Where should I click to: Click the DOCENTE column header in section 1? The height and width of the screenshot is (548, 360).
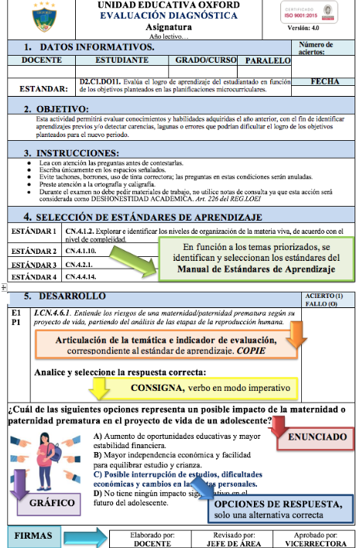click(x=43, y=60)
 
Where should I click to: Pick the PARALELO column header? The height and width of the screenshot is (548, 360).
click(x=269, y=60)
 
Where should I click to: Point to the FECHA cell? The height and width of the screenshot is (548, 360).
click(x=324, y=81)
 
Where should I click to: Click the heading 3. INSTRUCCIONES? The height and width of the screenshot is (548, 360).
click(x=76, y=152)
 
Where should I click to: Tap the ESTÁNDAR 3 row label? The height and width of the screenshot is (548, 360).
click(x=34, y=264)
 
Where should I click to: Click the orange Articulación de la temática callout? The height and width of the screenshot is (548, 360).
click(x=166, y=344)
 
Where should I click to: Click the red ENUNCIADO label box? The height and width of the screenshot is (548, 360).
click(x=317, y=437)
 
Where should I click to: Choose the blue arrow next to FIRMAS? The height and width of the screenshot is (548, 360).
click(x=81, y=535)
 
